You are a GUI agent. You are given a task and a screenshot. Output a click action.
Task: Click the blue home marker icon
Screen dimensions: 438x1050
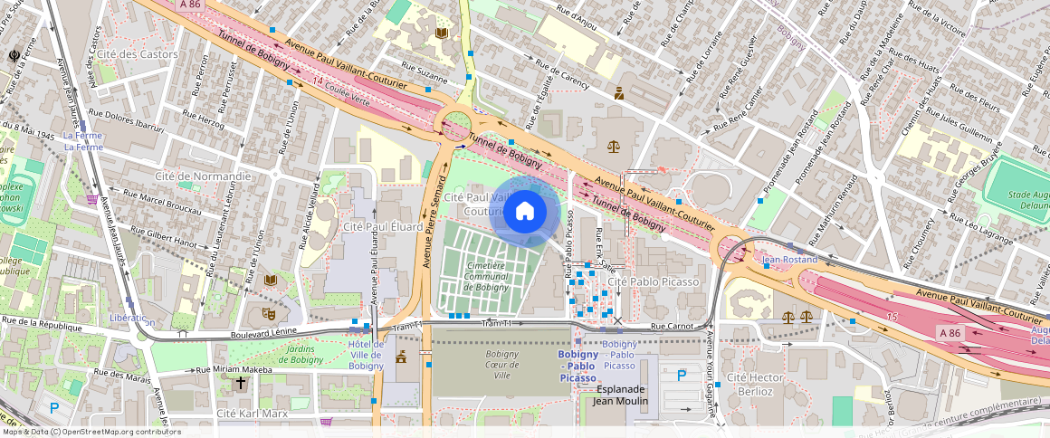coord(525,213)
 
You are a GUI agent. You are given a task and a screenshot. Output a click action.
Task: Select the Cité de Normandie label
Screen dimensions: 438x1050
coord(203,176)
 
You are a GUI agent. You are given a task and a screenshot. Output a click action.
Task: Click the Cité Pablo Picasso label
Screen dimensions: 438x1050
coord(654,281)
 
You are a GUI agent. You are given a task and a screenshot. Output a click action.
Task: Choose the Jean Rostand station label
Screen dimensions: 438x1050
coord(789,260)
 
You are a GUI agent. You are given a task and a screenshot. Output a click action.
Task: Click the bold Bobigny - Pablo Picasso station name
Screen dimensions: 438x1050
coord(578,366)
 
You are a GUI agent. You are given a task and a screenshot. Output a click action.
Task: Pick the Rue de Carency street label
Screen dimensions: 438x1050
coord(561,74)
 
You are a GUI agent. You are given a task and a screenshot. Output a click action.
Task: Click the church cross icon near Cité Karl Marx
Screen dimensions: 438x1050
coord(241,384)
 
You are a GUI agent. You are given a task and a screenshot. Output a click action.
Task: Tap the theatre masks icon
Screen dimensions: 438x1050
coord(268,313)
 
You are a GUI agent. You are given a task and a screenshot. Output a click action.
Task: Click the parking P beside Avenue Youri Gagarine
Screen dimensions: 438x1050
coord(682,374)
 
